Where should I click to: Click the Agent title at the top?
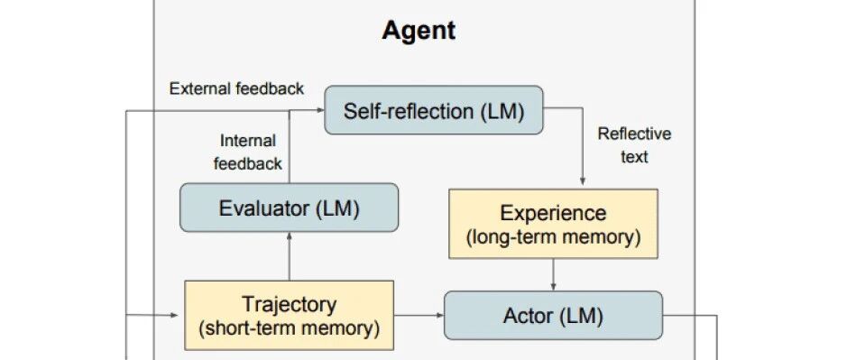(419, 31)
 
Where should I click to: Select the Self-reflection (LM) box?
(433, 110)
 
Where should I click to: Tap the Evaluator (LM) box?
(289, 208)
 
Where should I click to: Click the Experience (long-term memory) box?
(553, 223)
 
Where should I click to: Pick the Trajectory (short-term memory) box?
(289, 315)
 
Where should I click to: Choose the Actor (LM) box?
(553, 315)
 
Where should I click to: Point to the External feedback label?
(236, 88)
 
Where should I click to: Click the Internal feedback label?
(248, 152)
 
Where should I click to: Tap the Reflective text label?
(634, 145)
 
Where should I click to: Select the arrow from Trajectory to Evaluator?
(289, 256)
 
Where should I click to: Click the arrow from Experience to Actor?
(553, 274)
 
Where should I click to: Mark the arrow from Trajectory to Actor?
(419, 315)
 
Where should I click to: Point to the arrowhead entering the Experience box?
(583, 182)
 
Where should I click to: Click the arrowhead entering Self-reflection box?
(320, 110)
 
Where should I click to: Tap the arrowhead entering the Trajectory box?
(174, 315)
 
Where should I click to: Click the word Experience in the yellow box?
(553, 213)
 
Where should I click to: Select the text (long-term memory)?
(553, 237)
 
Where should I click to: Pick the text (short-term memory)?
(289, 328)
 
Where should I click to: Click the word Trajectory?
(289, 304)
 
